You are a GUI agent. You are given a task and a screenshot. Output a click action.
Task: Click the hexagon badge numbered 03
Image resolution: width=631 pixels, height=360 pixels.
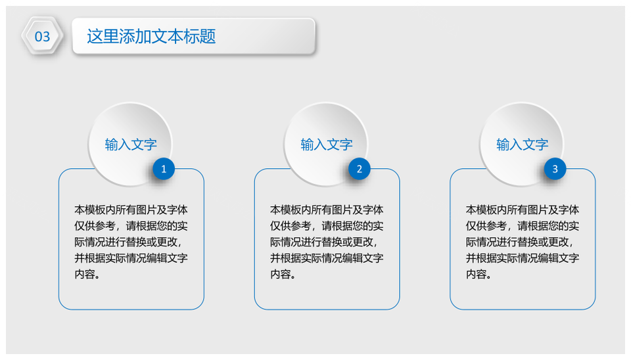42,36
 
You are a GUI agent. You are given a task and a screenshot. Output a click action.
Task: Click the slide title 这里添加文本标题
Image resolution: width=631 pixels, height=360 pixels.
151,36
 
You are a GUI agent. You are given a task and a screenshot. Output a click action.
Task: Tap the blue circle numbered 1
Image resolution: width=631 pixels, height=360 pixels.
164,169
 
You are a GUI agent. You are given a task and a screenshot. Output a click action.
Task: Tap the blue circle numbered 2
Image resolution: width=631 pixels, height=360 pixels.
360,169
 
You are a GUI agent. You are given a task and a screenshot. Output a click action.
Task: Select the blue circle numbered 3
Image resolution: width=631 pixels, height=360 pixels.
555,169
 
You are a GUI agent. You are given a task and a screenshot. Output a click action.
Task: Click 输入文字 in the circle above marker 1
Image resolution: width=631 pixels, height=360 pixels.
131,145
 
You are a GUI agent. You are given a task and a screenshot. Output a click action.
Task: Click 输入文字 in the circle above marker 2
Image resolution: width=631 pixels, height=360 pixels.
327,145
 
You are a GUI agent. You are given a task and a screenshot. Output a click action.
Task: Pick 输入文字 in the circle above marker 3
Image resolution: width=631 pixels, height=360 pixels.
522,145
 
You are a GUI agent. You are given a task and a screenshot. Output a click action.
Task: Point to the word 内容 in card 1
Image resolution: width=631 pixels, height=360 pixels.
85,274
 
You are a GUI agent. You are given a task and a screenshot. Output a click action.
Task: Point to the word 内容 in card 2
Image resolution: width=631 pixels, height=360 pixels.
281,274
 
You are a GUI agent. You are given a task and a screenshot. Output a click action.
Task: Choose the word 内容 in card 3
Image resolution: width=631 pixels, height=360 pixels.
476,274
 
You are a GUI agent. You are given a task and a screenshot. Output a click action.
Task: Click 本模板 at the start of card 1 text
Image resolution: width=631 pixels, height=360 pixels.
90,210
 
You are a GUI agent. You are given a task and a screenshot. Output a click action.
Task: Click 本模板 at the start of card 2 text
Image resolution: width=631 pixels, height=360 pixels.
286,210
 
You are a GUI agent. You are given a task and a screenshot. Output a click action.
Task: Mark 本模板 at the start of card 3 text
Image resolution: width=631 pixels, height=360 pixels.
481,210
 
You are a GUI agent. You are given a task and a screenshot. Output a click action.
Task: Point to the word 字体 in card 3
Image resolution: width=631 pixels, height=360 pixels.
569,210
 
